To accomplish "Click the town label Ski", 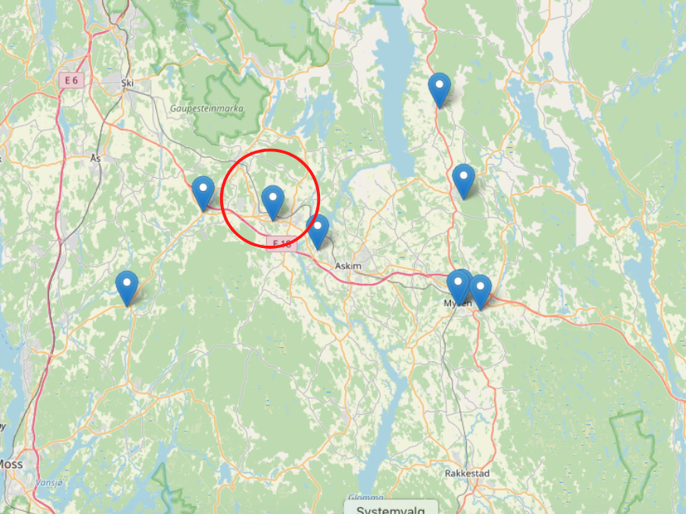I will pyautogui.click(x=127, y=81).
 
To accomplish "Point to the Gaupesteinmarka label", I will pyautogui.click(x=207, y=108).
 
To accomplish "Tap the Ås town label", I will pyautogui.click(x=96, y=158).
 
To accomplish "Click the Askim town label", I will pyautogui.click(x=347, y=266).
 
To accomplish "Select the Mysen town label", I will pyautogui.click(x=457, y=303).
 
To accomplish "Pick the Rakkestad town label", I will pyautogui.click(x=466, y=473).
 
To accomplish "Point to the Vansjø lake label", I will pyautogui.click(x=48, y=483).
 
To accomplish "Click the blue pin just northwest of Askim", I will pyautogui.click(x=318, y=230).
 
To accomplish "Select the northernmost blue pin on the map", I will pyautogui.click(x=440, y=88).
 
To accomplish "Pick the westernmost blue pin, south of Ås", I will pyautogui.click(x=126, y=286).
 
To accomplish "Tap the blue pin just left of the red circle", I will pyautogui.click(x=203, y=192).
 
